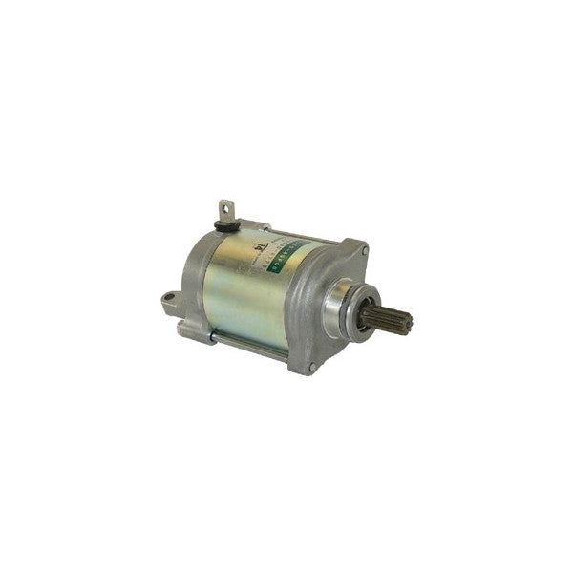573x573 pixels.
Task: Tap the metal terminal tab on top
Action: click(226, 211)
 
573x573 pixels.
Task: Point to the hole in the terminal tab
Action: click(226, 206)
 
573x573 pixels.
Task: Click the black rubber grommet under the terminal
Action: click(226, 226)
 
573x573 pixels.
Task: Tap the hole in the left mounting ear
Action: click(169, 298)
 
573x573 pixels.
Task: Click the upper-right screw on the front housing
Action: click(364, 251)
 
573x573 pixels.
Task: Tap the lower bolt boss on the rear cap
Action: click(190, 329)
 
